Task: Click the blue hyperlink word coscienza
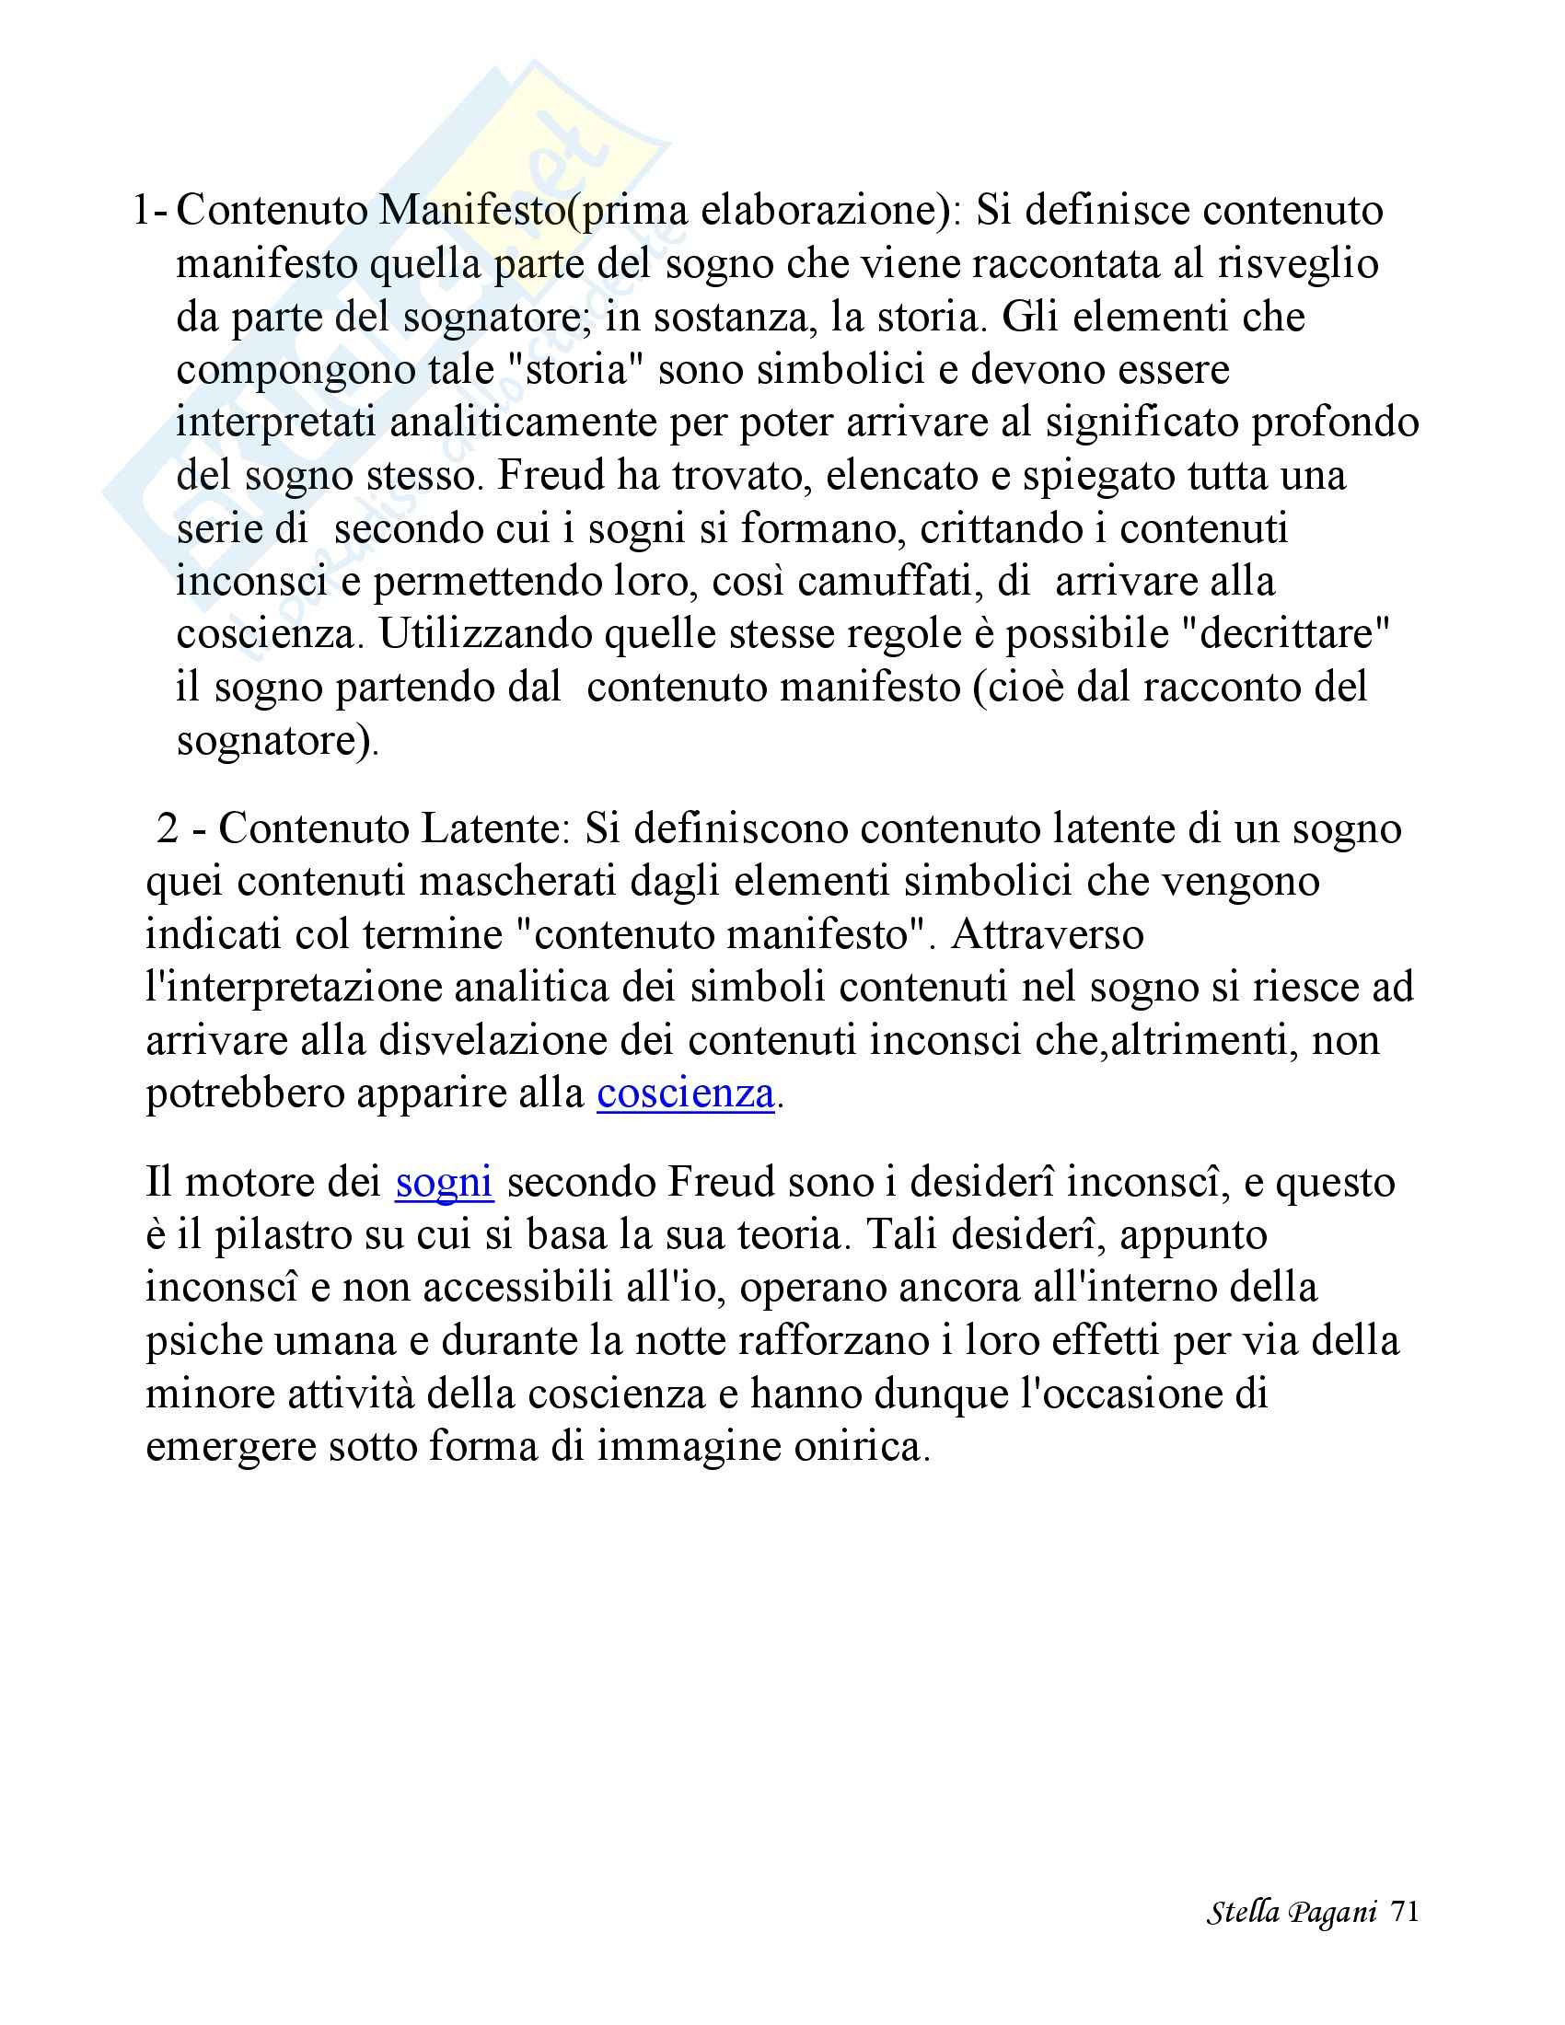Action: tap(685, 1093)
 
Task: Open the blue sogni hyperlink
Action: tap(443, 1182)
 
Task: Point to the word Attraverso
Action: tap(1047, 933)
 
